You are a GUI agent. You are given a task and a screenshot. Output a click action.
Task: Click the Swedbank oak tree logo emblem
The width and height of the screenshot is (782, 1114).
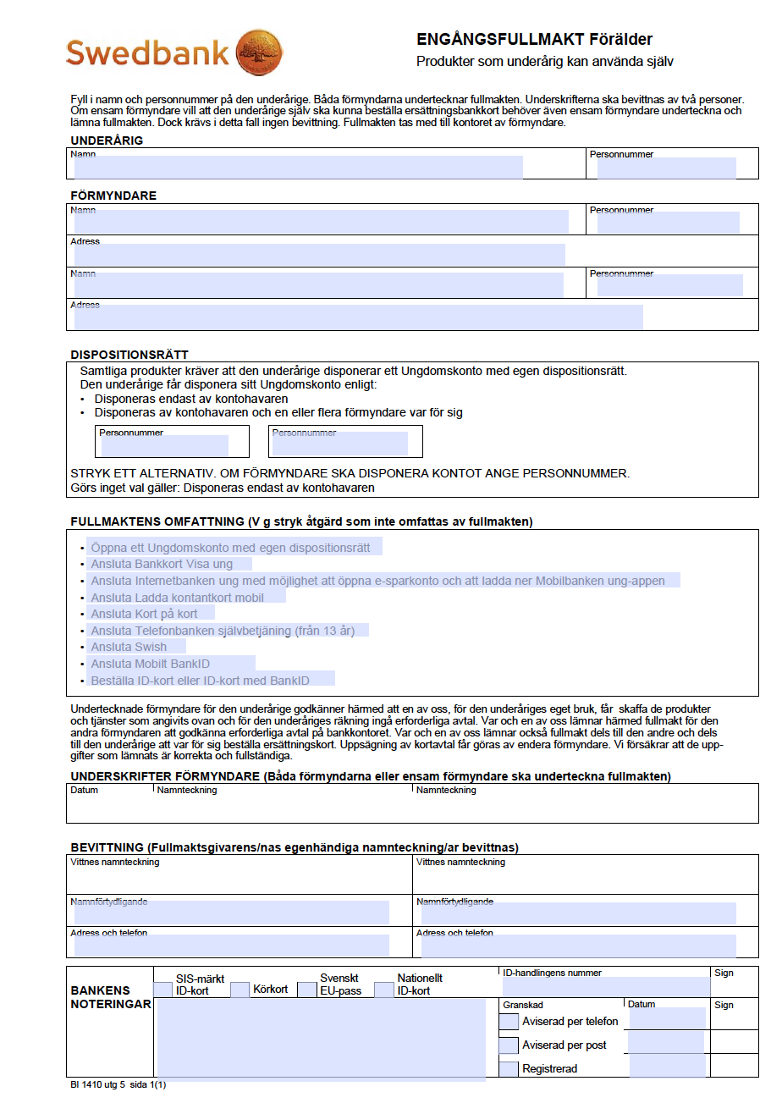(258, 52)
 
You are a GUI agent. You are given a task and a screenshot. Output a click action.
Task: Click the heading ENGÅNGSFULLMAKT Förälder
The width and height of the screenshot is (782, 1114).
(534, 40)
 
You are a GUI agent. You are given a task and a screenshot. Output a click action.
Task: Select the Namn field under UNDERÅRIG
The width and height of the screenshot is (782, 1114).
(298, 168)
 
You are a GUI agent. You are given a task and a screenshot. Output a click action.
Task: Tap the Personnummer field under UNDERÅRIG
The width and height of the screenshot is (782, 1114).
(666, 168)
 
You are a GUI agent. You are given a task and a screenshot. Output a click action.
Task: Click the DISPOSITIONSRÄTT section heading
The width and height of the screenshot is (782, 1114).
(129, 355)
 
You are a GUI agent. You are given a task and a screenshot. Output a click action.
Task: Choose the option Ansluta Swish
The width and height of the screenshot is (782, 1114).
(129, 647)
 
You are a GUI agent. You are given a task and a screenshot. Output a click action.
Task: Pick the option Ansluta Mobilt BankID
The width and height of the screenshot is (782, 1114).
(150, 664)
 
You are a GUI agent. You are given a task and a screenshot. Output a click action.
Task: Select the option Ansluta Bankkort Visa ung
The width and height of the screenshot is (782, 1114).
(162, 565)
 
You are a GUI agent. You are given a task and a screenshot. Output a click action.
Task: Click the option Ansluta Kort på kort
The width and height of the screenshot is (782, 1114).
(144, 614)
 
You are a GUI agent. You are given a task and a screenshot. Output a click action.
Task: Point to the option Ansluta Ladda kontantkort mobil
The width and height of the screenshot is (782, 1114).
(177, 598)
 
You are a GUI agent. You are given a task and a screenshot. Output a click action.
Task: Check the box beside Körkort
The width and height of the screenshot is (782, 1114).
(240, 990)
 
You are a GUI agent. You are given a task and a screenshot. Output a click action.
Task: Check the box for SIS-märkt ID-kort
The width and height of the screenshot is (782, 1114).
(163, 990)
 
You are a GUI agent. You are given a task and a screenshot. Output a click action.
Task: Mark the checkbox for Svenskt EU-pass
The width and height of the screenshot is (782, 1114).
(306, 990)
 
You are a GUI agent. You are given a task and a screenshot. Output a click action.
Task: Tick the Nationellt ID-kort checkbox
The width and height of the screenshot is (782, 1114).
(384, 990)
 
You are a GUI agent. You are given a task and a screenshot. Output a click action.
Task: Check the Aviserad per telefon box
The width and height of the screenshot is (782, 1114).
(509, 1022)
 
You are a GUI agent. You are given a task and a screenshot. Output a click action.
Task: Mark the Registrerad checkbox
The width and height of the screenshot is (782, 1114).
(509, 1069)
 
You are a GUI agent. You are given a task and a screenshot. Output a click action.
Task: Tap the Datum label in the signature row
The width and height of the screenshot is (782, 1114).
(85, 790)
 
